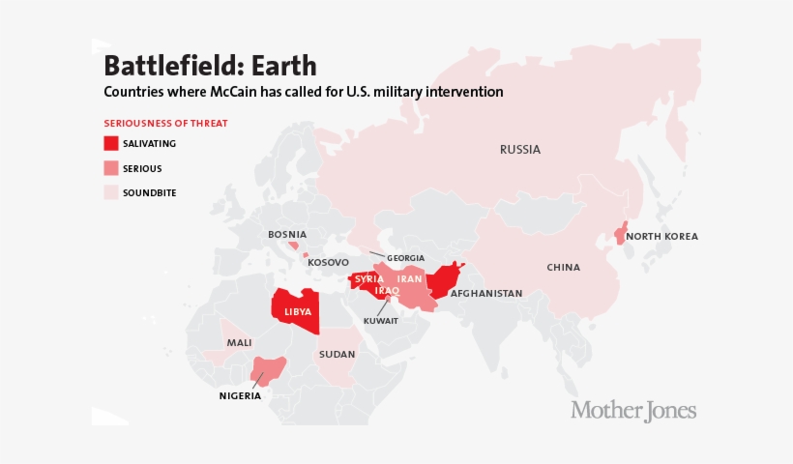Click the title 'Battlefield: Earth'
click(210, 66)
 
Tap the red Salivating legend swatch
click(111, 143)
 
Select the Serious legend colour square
click(111, 168)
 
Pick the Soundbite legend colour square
click(111, 192)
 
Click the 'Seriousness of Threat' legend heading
click(165, 123)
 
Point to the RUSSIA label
click(519, 150)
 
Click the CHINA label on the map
click(563, 267)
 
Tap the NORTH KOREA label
click(661, 237)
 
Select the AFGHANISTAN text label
click(485, 293)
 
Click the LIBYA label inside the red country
click(298, 311)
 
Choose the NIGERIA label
click(239, 395)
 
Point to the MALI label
click(239, 343)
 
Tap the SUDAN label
click(337, 355)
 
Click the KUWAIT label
click(380, 321)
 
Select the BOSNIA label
click(287, 234)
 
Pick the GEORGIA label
click(405, 258)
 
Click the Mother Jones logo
click(633, 410)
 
